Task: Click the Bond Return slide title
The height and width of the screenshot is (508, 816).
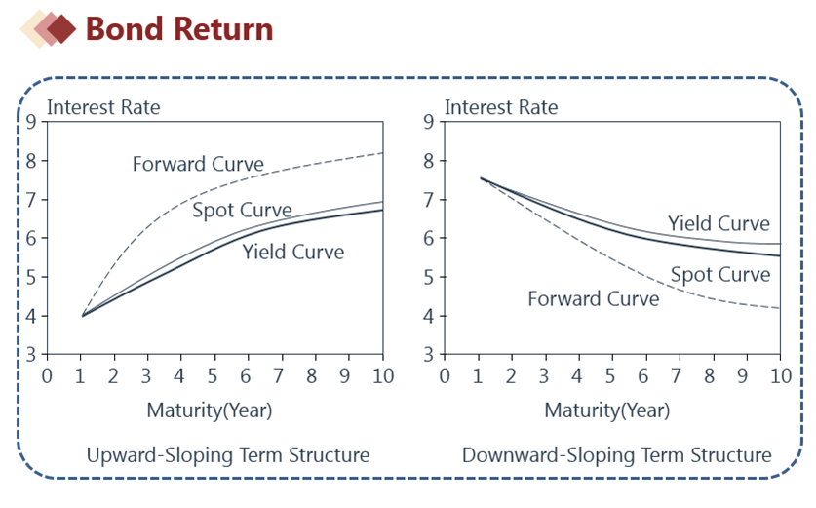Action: point(179,28)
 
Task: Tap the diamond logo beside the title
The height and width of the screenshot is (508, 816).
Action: point(49,28)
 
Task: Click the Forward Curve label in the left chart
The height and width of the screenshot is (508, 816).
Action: point(198,164)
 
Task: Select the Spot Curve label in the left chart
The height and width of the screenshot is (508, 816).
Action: point(242,210)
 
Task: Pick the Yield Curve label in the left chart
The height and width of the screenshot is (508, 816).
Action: point(293,252)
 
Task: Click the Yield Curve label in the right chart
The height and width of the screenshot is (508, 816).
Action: point(719,223)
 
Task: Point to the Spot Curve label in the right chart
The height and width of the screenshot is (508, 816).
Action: point(720,274)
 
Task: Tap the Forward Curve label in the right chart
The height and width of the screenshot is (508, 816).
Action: point(594,298)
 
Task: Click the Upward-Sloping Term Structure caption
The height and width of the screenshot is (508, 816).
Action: point(228,455)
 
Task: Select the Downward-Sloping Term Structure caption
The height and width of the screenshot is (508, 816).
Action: point(617,455)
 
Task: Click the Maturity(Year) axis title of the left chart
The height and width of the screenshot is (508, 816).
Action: point(210,410)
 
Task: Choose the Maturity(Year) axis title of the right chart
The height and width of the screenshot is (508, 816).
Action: point(606,410)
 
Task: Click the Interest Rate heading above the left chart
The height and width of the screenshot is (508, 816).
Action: point(103,107)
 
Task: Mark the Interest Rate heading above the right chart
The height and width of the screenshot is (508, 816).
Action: point(501,107)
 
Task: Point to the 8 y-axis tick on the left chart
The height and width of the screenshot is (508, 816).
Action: point(31,161)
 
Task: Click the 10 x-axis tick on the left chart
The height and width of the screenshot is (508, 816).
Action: point(383,375)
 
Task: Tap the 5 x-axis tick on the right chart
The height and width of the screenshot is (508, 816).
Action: point(610,375)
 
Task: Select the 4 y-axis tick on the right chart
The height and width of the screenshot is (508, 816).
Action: point(428,316)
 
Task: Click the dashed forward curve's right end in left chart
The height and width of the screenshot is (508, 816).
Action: point(383,152)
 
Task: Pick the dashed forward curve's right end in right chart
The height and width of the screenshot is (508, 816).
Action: point(780,308)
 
